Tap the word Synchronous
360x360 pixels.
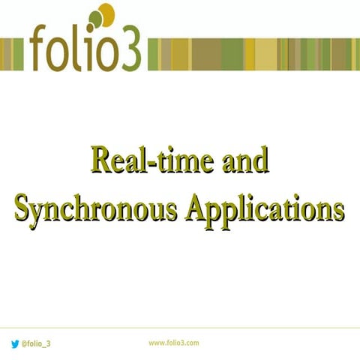pos(97,207)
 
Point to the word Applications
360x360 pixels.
pos(265,207)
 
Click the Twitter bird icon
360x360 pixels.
pos(14,343)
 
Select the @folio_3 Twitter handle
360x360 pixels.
pos(36,343)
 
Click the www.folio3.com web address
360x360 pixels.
pos(173,342)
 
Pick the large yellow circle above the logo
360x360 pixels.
pos(106,13)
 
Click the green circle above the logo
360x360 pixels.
pos(95,18)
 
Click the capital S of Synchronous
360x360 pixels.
pos(23,207)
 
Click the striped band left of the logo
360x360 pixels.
pos(13,52)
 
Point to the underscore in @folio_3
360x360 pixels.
pos(43,346)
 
